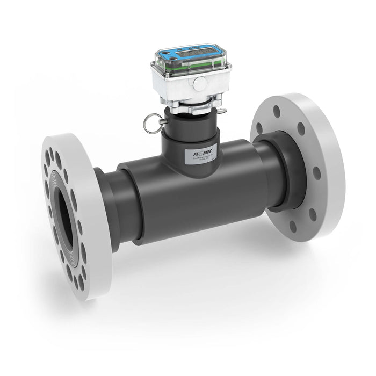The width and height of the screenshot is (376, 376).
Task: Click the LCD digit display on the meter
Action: point(192,55)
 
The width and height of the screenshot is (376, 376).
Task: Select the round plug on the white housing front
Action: point(199,83)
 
